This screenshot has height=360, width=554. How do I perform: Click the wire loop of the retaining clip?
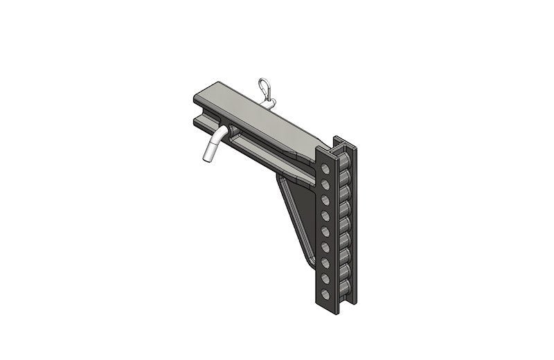tap(264, 88)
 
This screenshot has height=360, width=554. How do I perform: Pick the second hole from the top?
tap(325, 183)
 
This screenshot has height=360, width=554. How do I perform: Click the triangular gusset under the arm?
tap(298, 215)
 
